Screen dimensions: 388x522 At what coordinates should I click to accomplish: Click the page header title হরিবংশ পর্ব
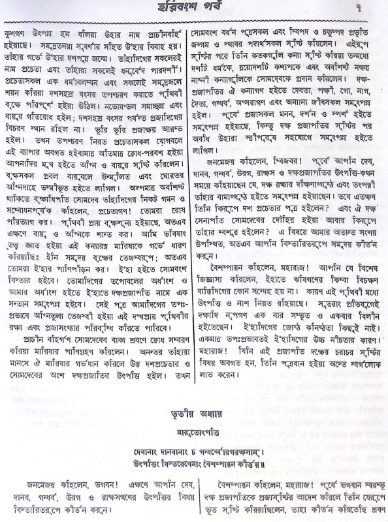(194, 10)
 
